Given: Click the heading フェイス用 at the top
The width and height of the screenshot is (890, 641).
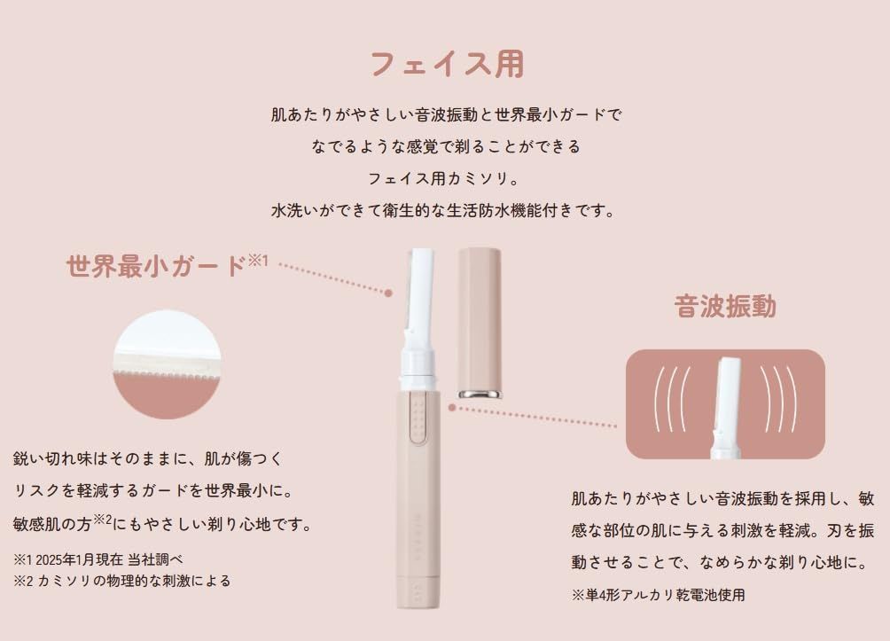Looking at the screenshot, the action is point(448,64).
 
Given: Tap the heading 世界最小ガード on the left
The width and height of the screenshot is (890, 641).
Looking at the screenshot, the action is point(156,266).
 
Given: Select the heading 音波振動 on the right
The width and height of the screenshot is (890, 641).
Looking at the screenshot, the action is point(725,306).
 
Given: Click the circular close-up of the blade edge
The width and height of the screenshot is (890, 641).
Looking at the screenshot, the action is point(167,364).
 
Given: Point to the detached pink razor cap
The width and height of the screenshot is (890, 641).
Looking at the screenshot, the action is point(479,323).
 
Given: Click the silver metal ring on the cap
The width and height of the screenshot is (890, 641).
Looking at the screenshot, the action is point(480,394).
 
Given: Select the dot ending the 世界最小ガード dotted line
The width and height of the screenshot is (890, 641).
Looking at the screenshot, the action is point(388,293).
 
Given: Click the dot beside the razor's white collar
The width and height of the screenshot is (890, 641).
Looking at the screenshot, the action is point(452,408).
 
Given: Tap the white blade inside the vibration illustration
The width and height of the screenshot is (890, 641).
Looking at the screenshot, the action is point(727,407).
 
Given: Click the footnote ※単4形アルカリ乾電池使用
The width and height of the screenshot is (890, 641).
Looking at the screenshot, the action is point(658,595).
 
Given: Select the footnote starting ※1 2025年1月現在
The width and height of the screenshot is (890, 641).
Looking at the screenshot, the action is point(98,559).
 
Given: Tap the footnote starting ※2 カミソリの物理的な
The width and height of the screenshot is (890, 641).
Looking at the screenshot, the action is point(121,581).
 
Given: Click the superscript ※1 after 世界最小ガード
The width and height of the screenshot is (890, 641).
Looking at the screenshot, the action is point(258,261).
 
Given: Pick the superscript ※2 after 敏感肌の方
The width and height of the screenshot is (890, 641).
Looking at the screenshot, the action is point(102,519).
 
